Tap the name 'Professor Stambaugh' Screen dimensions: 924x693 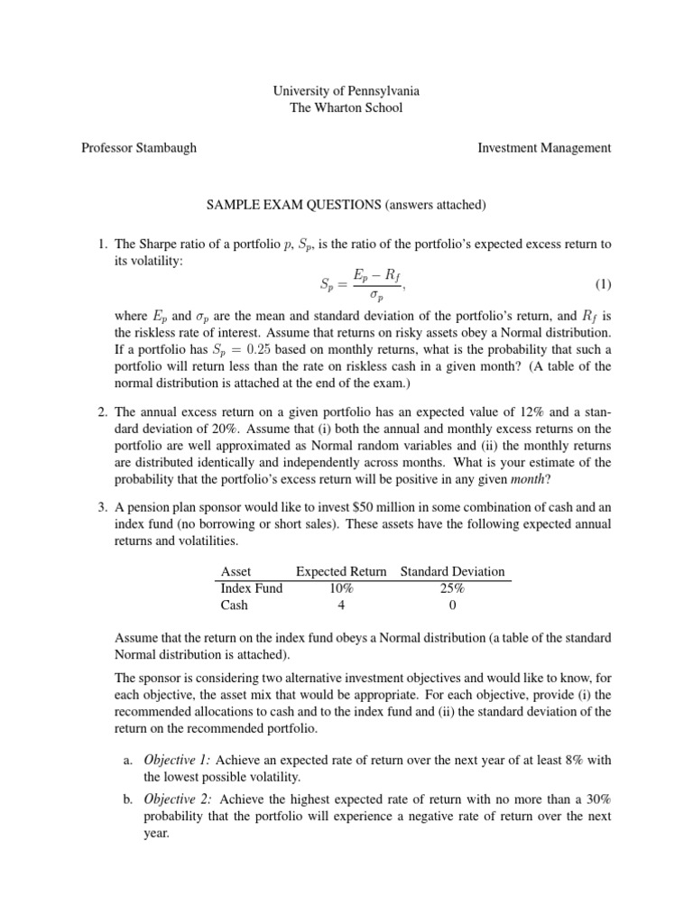(137, 148)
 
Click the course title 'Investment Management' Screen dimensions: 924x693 (544, 148)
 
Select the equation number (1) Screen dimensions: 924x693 (603, 285)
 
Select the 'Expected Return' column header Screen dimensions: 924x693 (341, 571)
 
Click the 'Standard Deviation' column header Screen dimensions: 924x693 (452, 571)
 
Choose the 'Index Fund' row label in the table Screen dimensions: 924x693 (252, 587)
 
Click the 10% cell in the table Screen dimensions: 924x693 (341, 587)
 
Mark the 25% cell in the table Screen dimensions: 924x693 (452, 587)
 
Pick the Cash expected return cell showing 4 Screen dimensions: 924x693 (341, 605)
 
